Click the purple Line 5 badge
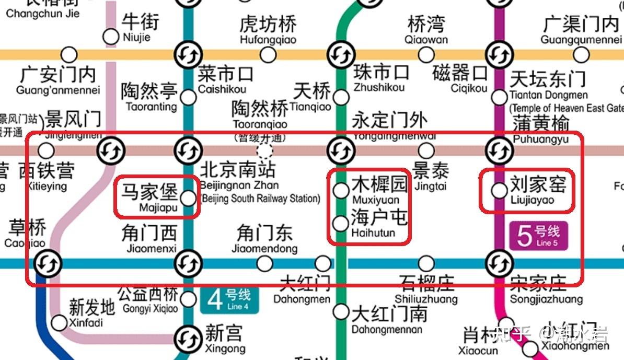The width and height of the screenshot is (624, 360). (538, 236)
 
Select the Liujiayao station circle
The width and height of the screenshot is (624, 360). (499, 190)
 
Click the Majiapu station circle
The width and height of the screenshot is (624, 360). (188, 198)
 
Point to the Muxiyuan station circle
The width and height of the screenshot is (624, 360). (341, 190)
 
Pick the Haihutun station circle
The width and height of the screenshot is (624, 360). (341, 224)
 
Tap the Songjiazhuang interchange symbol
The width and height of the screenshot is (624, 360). (499, 263)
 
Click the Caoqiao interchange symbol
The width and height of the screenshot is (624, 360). (48, 263)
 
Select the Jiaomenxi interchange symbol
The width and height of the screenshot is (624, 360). (188, 263)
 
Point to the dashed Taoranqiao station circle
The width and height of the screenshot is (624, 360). (265, 150)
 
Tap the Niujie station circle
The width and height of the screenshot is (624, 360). (111, 37)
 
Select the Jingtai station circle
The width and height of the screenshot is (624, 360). (426, 150)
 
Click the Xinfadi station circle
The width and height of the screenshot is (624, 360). (60, 323)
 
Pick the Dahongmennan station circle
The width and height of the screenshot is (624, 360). (341, 312)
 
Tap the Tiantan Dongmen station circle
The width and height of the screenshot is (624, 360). (499, 97)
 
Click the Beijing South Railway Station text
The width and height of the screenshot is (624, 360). (260, 199)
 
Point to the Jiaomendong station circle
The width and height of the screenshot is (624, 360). (264, 263)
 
